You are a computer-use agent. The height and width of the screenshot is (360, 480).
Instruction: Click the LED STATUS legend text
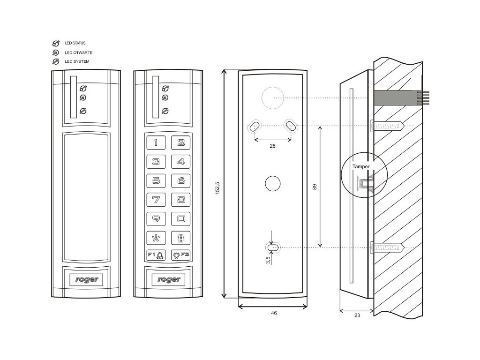pyautogui.click(x=75, y=43)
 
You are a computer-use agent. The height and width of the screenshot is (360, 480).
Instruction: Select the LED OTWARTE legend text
pyautogui.click(x=76, y=52)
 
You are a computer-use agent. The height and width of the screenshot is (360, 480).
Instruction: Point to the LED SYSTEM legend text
pyautogui.click(x=76, y=61)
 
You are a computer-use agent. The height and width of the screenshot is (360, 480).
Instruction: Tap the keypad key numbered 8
pyautogui.click(x=181, y=200)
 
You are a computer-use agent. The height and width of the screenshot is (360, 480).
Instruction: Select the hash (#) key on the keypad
pyautogui.click(x=181, y=237)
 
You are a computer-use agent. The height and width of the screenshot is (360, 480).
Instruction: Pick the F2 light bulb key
pyautogui.click(x=181, y=255)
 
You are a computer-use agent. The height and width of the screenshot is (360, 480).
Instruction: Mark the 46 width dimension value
pyautogui.click(x=274, y=313)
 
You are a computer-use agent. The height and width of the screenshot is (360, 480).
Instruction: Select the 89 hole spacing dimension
pyautogui.click(x=315, y=186)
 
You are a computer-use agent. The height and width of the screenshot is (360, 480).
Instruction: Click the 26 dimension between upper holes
pyautogui.click(x=273, y=146)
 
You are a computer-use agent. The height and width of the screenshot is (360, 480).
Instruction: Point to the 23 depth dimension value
pyautogui.click(x=357, y=315)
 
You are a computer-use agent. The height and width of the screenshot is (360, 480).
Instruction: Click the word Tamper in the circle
pyautogui.click(x=361, y=166)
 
